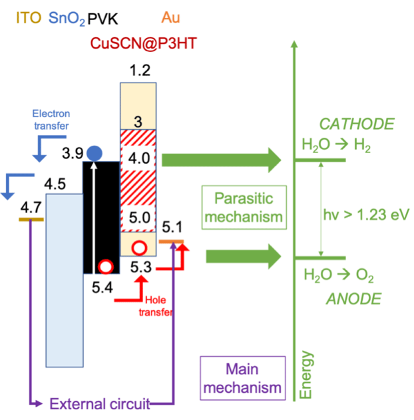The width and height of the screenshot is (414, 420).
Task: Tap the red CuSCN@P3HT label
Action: (x=144, y=45)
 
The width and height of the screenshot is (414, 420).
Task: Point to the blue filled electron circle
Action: (x=95, y=152)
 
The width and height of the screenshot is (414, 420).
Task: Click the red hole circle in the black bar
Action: (x=104, y=267)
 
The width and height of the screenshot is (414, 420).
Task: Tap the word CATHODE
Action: (x=356, y=124)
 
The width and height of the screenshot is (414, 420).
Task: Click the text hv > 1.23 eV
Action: (x=364, y=214)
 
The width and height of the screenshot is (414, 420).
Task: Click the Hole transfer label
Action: (x=160, y=306)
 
